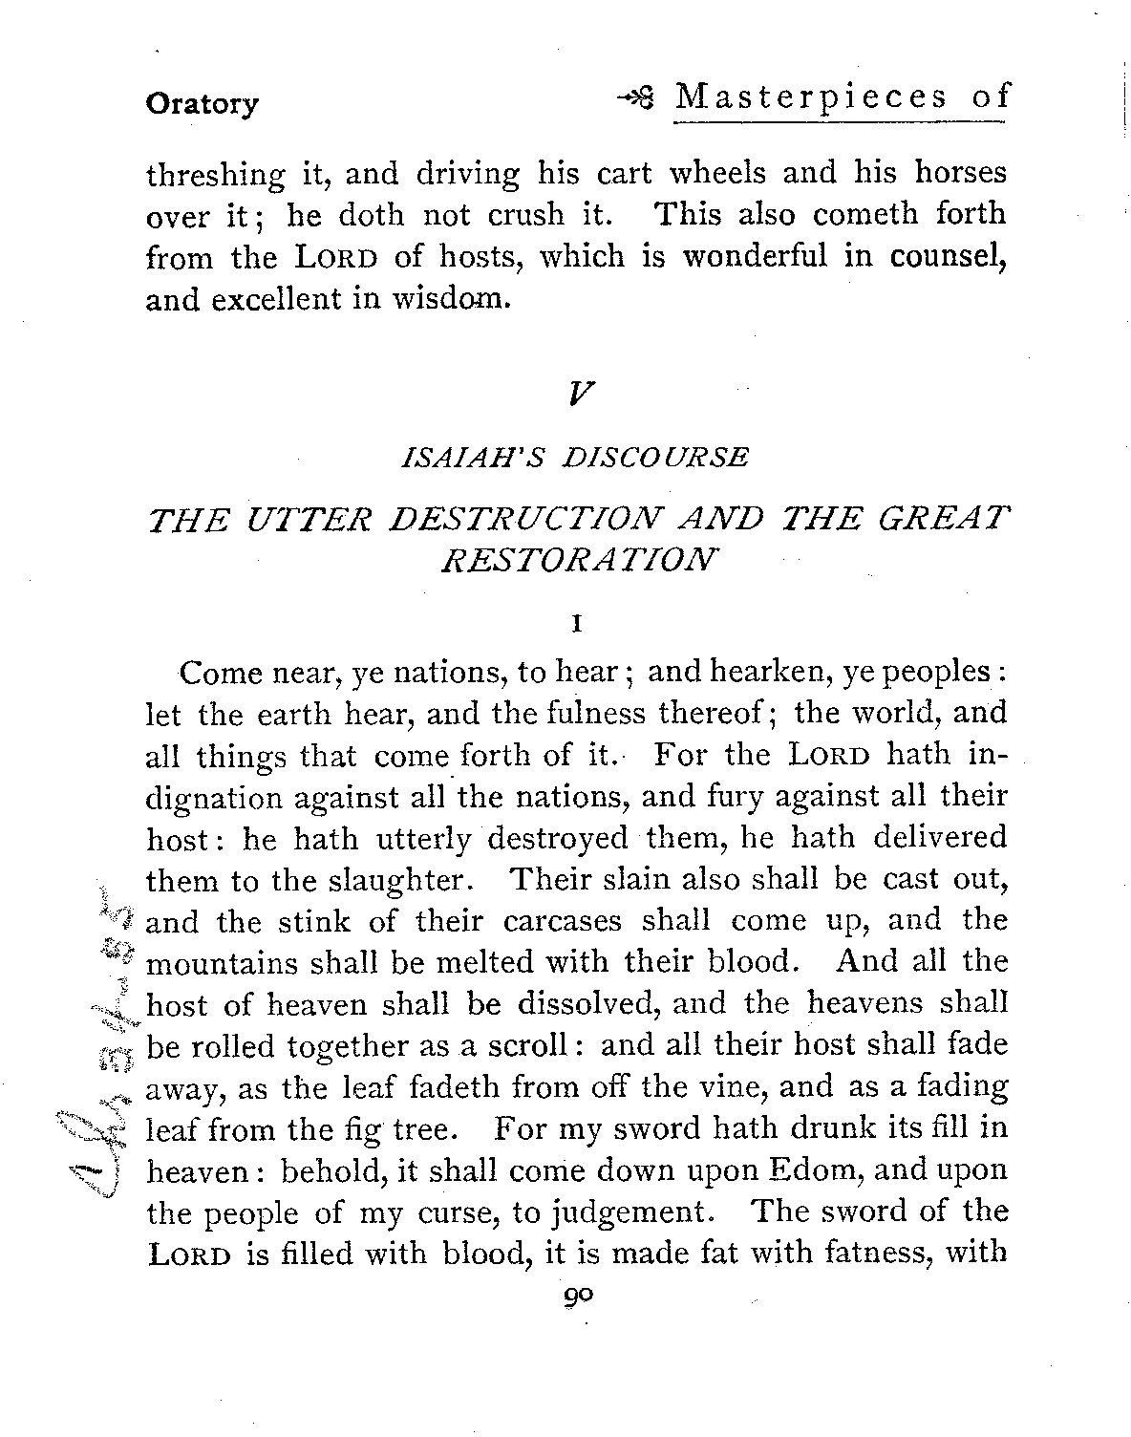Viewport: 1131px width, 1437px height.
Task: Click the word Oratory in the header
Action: click(x=201, y=103)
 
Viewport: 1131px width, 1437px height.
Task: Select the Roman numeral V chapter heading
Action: click(x=576, y=393)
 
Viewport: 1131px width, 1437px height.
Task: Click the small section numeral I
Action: click(x=576, y=625)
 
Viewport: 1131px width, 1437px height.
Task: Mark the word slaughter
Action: click(x=398, y=880)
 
